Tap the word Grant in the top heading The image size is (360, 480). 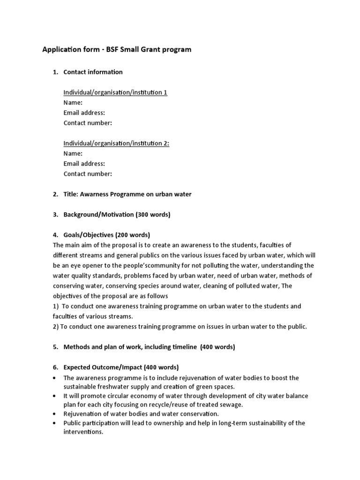[x=149, y=49]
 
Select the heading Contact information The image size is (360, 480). [x=93, y=72]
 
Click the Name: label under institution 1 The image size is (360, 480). [x=73, y=103]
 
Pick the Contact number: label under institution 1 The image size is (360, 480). [x=88, y=123]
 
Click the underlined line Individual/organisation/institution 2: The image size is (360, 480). [x=116, y=143]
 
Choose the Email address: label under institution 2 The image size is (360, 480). [x=84, y=164]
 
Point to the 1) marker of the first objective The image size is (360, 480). [x=56, y=306]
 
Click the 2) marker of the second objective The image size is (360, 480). [x=56, y=326]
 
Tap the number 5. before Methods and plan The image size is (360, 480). [x=55, y=347]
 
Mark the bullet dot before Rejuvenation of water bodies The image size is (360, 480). [x=56, y=414]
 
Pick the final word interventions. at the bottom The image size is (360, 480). [x=83, y=432]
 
